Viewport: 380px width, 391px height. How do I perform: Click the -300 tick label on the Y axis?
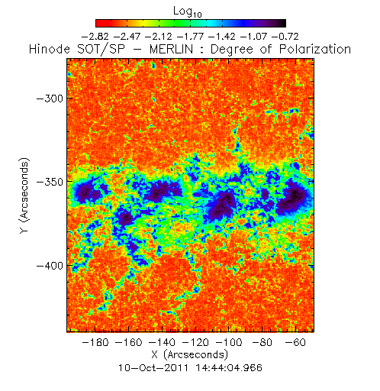tap(50, 99)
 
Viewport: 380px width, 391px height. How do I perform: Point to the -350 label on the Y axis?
tap(50, 182)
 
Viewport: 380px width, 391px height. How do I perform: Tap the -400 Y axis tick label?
tap(50, 266)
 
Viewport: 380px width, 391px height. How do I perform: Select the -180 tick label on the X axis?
tap(95, 342)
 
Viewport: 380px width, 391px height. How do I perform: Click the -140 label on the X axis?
tap(162, 342)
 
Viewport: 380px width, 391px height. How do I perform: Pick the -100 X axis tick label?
tap(229, 342)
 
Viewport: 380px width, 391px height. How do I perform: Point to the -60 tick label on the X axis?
tap(295, 342)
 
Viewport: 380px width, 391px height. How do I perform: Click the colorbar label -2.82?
tap(95, 37)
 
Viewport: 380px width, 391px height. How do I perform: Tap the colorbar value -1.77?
tap(191, 37)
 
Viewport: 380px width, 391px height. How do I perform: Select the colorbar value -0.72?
tap(285, 37)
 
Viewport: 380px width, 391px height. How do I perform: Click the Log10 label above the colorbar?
tap(188, 11)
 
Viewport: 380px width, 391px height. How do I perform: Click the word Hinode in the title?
tap(50, 49)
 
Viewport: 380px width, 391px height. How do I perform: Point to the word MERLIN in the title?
tap(171, 49)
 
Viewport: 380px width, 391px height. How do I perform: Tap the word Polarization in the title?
tap(315, 50)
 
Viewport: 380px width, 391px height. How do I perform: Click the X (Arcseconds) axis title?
tap(190, 354)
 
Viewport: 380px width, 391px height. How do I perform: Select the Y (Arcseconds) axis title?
tap(24, 195)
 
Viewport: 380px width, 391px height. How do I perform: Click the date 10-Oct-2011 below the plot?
tap(153, 368)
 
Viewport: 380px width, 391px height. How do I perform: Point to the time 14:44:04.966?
tap(229, 368)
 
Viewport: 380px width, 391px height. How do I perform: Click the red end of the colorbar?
tap(99, 23)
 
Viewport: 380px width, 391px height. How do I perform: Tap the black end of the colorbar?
tap(282, 23)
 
